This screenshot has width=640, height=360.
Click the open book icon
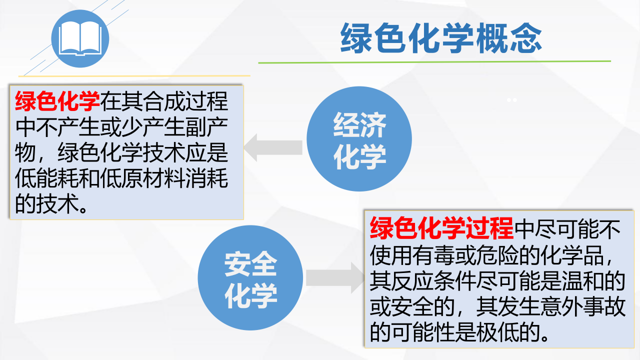click(80, 38)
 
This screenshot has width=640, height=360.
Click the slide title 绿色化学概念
click(441, 38)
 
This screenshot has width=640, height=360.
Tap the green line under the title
click(434, 61)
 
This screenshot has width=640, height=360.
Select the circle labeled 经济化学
click(359, 139)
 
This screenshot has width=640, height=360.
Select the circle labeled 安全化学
click(250, 277)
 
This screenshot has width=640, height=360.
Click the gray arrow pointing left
click(273, 147)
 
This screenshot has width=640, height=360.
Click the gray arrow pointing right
click(335, 277)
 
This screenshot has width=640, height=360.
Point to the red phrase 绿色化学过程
click(441, 228)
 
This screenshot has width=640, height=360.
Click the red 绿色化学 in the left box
click(57, 101)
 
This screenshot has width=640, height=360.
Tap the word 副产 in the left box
click(206, 127)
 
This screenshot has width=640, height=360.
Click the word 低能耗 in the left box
click(46, 178)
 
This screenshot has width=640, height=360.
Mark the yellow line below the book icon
click(134, 76)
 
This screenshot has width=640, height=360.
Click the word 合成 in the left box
click(164, 101)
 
